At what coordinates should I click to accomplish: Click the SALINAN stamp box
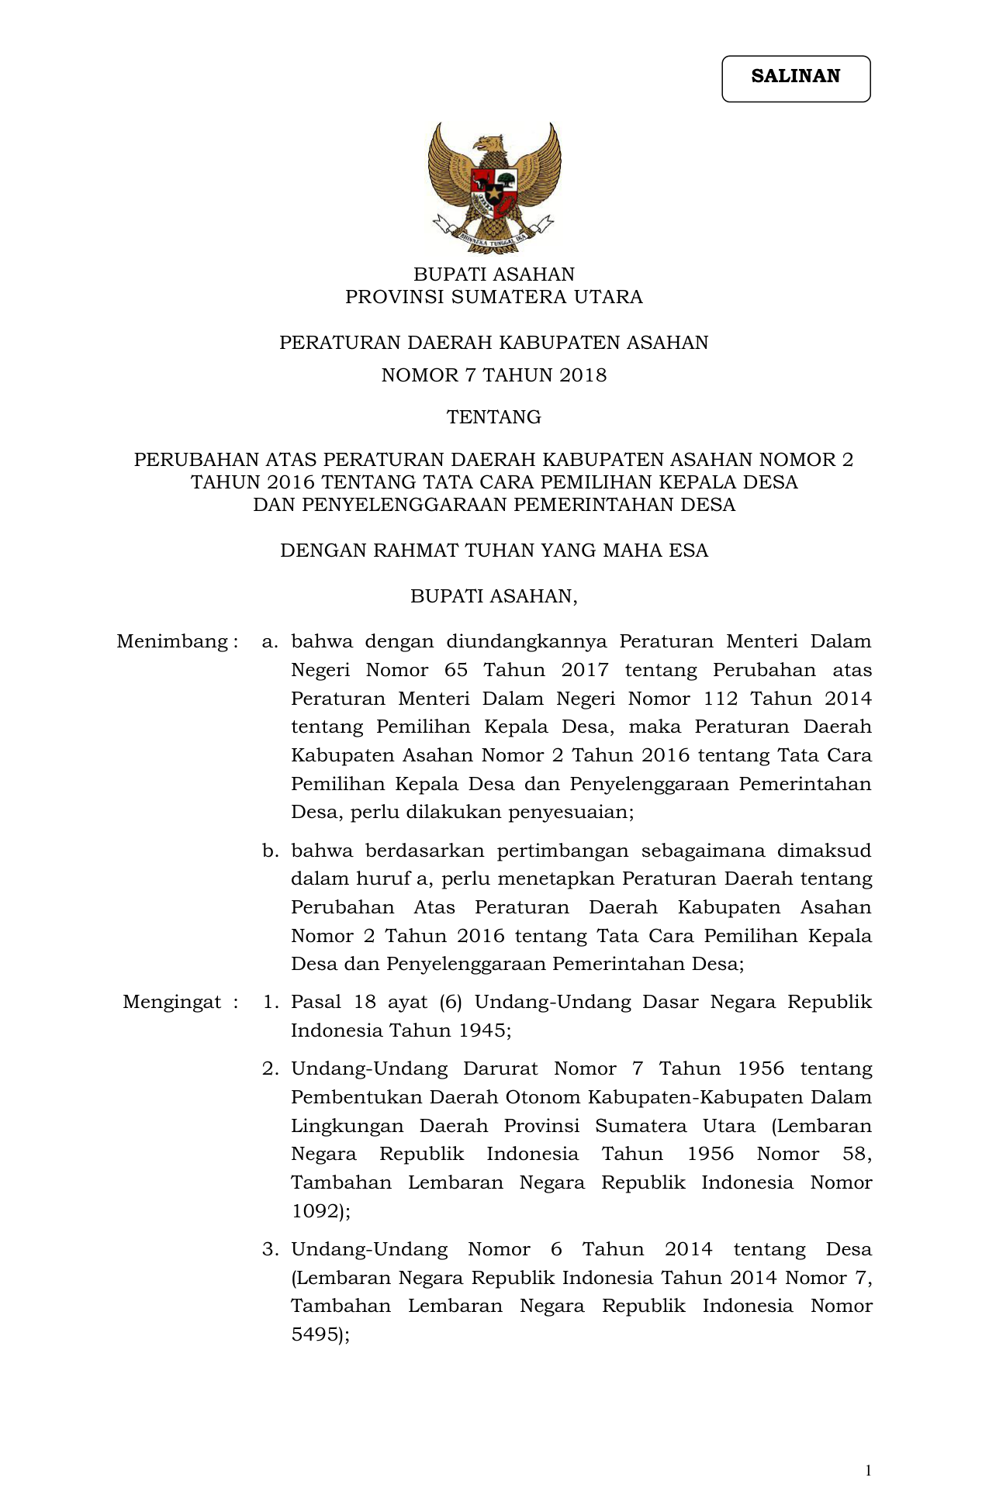click(x=796, y=78)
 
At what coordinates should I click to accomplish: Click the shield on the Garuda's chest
click(x=494, y=189)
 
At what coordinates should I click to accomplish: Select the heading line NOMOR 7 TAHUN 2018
click(x=494, y=376)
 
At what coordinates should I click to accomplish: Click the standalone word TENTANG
click(x=494, y=418)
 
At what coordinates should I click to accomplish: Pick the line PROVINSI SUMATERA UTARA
click(x=494, y=297)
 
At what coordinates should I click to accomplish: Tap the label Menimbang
click(x=173, y=642)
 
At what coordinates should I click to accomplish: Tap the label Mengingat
click(x=172, y=1003)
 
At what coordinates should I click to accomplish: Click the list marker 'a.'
click(x=269, y=642)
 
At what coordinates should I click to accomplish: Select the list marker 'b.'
click(x=269, y=851)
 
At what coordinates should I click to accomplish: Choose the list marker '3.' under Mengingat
click(x=269, y=1250)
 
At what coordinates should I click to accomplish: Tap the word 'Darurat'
click(x=500, y=1069)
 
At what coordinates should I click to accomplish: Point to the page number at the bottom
click(x=868, y=1471)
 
